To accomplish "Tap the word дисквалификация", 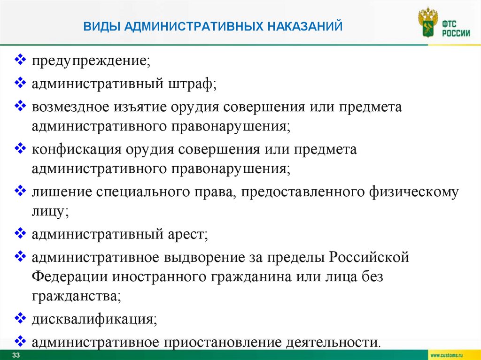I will [94, 320].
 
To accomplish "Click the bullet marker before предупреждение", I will [21, 60].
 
